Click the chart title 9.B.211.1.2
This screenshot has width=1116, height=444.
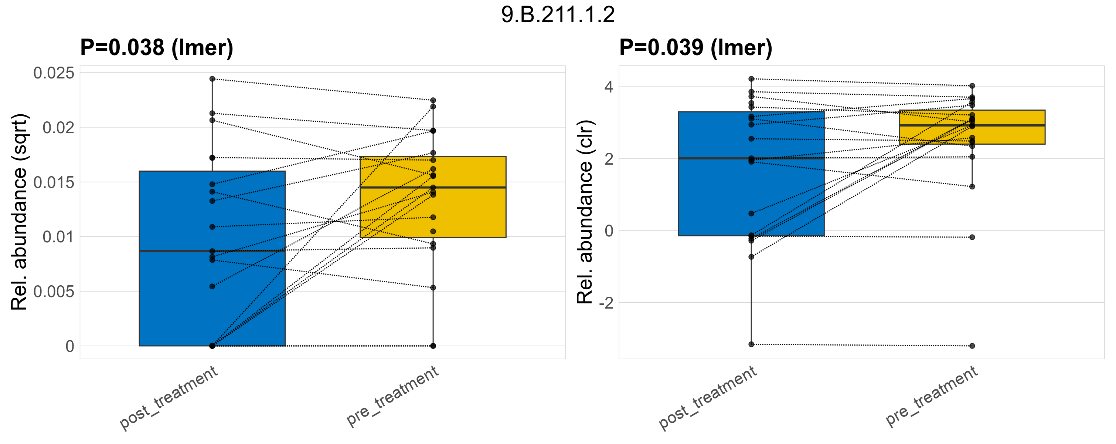(558, 15)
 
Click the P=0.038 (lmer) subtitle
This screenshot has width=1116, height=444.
(157, 47)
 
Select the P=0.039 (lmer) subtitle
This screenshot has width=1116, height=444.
(695, 47)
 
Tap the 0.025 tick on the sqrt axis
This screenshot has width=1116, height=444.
(54, 73)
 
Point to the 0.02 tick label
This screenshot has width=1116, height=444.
(58, 128)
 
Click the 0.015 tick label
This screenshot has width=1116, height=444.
(54, 182)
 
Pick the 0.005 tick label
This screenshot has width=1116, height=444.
(54, 292)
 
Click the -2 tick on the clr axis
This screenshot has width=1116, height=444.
(606, 303)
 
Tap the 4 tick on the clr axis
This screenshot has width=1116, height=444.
(609, 87)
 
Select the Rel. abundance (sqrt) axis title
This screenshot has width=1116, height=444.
(19, 212)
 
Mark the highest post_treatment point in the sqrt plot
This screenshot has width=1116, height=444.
(212, 79)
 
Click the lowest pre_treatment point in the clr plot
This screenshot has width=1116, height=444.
(972, 346)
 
